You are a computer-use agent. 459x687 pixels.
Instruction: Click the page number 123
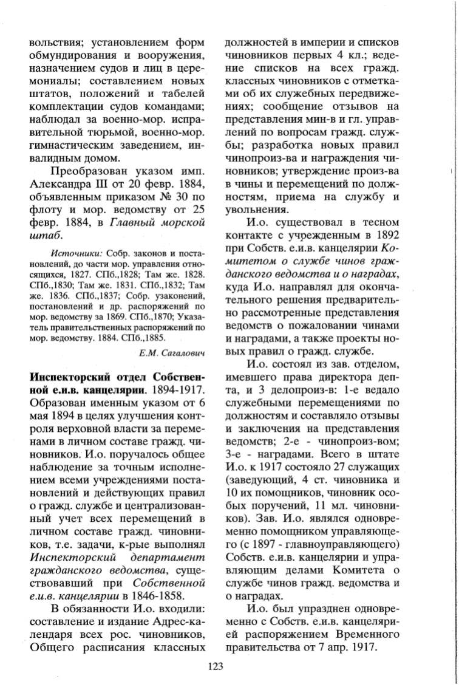click(x=216, y=666)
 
